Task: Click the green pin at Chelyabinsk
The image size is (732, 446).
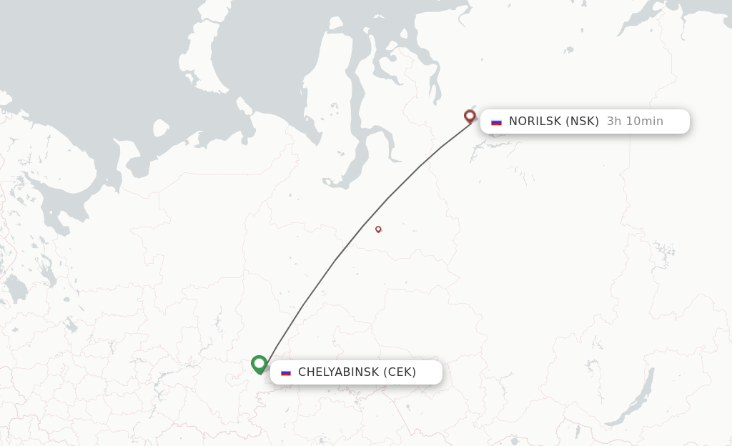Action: [x=259, y=364]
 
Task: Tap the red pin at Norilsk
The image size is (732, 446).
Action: [x=470, y=115]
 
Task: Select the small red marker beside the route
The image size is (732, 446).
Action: [x=378, y=229]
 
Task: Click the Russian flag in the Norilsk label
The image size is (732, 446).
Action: [x=496, y=122]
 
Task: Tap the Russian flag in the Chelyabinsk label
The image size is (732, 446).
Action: [x=286, y=372]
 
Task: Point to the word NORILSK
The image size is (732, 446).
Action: [x=535, y=122]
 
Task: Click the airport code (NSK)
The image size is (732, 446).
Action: [x=583, y=122]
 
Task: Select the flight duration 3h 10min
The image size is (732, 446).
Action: [x=635, y=122]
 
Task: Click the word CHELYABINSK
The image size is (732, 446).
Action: [x=338, y=372]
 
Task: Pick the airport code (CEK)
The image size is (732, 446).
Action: [x=400, y=372]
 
